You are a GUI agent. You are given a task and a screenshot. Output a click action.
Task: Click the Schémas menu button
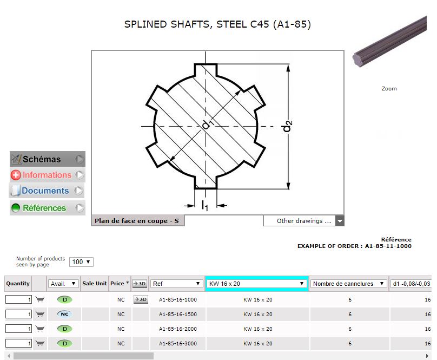pyautogui.click(x=48, y=159)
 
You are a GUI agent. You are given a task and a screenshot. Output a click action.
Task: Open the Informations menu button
pyautogui.click(x=48, y=175)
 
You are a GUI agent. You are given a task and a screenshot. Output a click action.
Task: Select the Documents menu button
pyautogui.click(x=47, y=191)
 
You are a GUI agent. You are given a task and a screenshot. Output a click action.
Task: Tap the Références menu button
pyautogui.click(x=48, y=208)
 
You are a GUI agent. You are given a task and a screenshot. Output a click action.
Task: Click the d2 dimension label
pyautogui.click(x=287, y=126)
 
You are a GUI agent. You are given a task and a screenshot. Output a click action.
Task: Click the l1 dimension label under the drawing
pyautogui.click(x=205, y=205)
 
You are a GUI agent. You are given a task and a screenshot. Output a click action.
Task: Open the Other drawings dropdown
pyautogui.click(x=304, y=221)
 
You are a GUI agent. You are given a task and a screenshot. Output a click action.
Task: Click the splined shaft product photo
pyautogui.click(x=389, y=42)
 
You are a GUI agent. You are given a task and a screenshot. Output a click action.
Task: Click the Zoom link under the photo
pyautogui.click(x=389, y=89)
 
